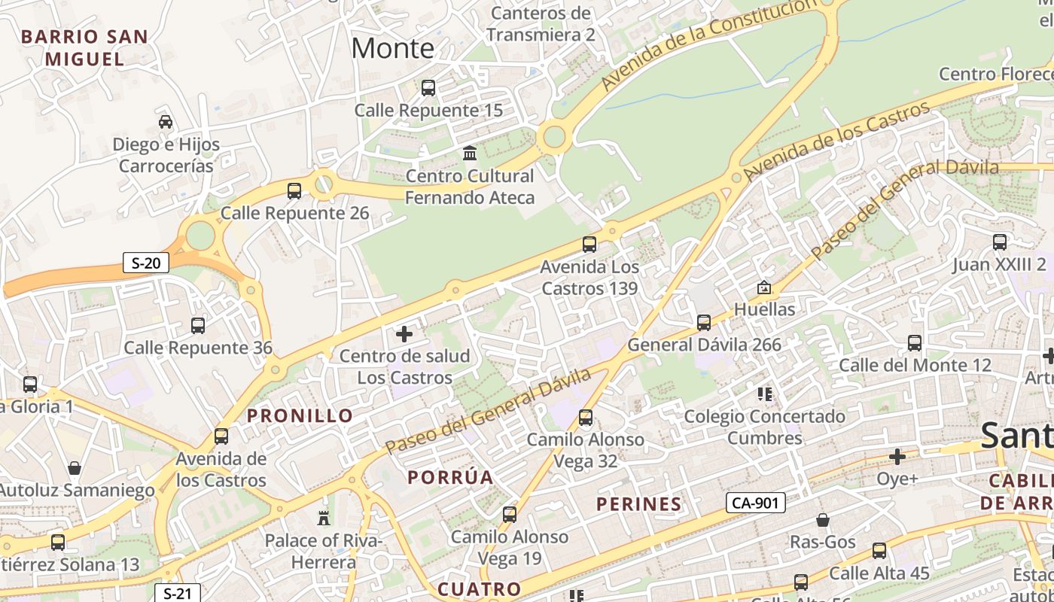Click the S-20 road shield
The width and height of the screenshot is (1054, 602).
(146, 263)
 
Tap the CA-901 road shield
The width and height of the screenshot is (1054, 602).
(756, 503)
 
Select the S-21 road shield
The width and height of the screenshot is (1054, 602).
(178, 593)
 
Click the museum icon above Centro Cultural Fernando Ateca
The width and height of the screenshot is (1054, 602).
(470, 154)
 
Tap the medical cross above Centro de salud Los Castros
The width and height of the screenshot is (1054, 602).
(404, 333)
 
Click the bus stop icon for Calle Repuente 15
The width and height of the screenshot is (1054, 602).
(428, 88)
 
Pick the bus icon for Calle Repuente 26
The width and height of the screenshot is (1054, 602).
(294, 191)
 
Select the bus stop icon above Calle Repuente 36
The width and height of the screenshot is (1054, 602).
(198, 326)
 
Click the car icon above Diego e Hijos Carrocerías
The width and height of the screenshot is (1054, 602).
(166, 122)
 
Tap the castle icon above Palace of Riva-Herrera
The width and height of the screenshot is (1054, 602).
(324, 518)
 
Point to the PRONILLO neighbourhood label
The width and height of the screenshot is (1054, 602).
(300, 415)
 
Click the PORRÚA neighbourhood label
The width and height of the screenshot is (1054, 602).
(450, 477)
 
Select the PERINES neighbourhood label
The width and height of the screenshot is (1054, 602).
(639, 504)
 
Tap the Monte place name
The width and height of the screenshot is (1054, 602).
(392, 48)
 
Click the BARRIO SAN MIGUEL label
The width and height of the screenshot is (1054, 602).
(84, 47)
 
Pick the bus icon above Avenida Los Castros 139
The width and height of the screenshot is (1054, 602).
(589, 245)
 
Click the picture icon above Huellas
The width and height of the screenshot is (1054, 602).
(764, 287)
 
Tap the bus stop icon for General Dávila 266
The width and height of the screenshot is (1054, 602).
(704, 323)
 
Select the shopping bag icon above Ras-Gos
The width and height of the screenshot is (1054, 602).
(823, 520)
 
